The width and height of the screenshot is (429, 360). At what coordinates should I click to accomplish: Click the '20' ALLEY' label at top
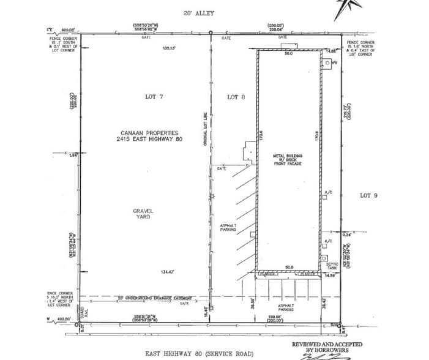[x=199, y=13]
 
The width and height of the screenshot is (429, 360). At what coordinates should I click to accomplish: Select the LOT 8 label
[x=236, y=97]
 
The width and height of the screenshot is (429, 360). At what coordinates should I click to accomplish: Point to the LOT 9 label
[x=369, y=195]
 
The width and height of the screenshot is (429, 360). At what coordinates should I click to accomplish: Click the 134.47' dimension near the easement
[x=168, y=271]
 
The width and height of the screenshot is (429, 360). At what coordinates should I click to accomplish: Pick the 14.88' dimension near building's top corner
[x=331, y=51]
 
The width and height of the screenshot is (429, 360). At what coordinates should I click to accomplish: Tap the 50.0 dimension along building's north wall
[x=289, y=54]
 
